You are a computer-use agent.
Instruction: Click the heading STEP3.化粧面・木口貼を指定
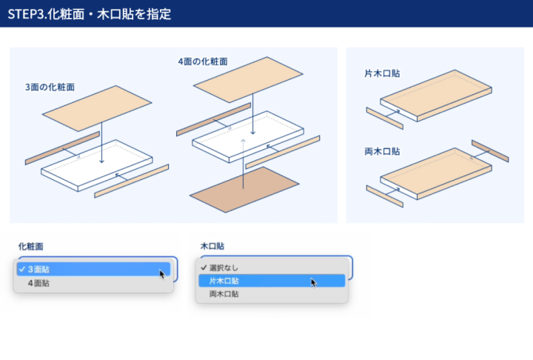90,14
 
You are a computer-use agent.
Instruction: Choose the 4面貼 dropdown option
40,283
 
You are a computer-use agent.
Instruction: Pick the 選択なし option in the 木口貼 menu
224,267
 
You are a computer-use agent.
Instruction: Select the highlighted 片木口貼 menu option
224,281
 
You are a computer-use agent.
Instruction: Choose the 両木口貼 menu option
224,294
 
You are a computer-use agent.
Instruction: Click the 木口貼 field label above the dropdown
212,245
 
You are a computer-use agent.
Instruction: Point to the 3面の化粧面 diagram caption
50,87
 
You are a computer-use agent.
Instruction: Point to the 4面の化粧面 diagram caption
203,61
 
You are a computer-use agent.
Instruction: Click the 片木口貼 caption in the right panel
383,74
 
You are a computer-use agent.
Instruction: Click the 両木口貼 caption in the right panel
383,151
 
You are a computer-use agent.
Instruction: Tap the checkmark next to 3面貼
23,270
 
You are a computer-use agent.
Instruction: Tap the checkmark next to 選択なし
203,267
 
